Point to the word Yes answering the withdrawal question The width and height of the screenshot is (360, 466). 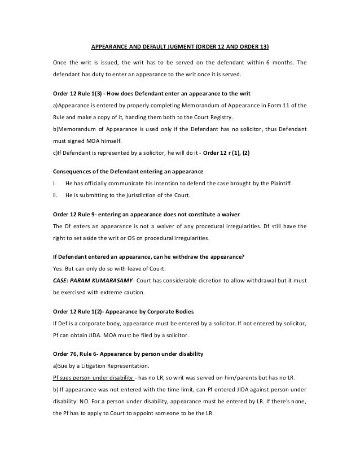coord(58,268)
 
